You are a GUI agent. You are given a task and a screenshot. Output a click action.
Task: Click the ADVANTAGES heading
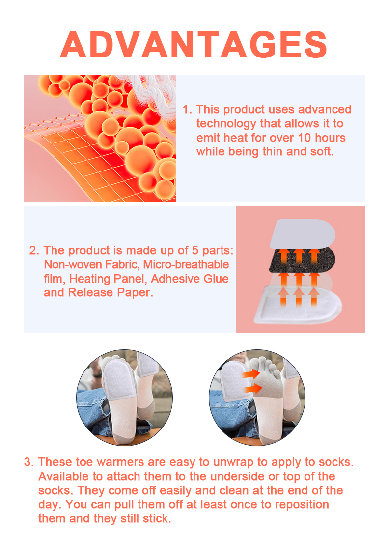point(194,45)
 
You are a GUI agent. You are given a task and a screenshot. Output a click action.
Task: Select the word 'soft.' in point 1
point(321,151)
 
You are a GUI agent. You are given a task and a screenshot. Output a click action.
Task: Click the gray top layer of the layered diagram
point(302,233)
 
